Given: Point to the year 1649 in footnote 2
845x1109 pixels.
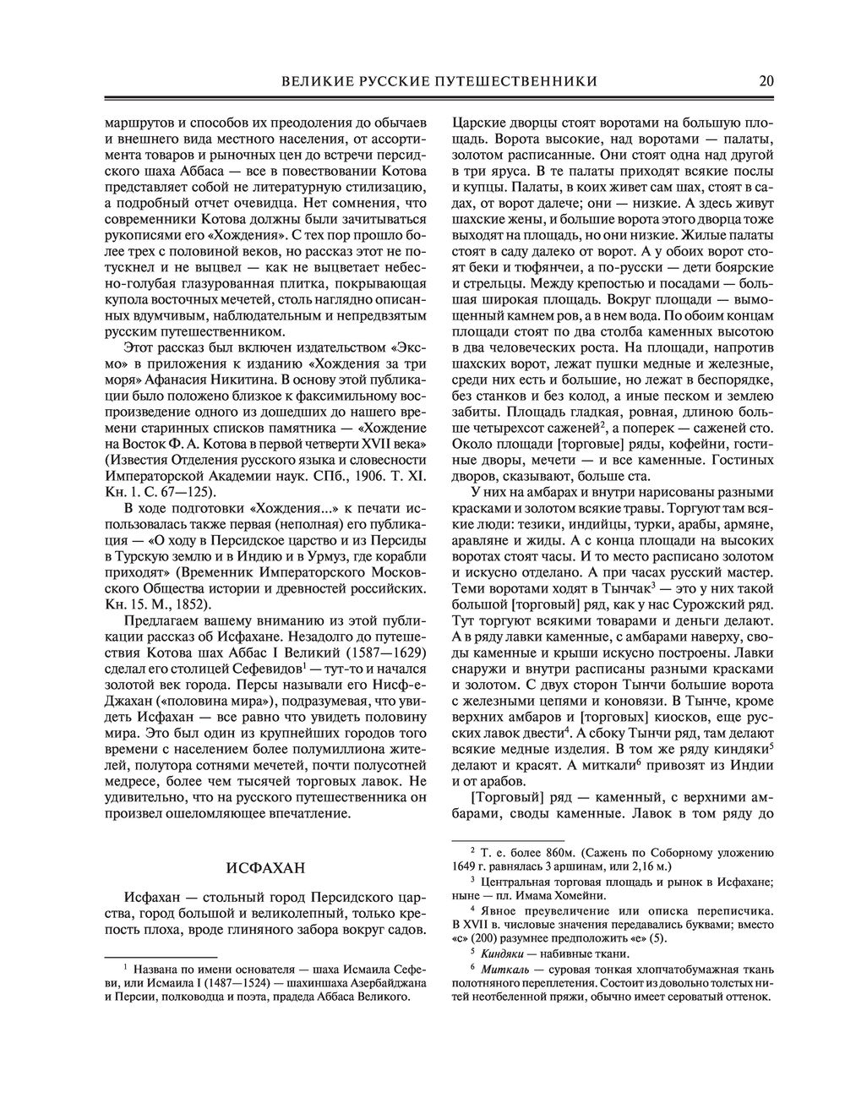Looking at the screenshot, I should tap(468, 866).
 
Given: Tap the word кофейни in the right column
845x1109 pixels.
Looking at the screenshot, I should tap(676, 443).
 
